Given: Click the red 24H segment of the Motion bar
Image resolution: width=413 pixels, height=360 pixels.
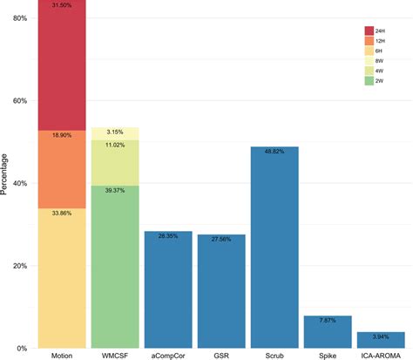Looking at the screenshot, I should [62, 65].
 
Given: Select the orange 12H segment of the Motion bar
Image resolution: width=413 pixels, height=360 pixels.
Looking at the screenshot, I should [62, 169].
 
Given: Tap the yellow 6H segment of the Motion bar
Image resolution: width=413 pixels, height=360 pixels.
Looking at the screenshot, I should [62, 279].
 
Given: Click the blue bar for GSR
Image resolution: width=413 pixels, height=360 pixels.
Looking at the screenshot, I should [221, 291].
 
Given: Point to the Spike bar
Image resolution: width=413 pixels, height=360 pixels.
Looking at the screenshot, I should [328, 332].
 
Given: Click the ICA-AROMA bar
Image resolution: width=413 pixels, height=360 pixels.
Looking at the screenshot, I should [381, 340].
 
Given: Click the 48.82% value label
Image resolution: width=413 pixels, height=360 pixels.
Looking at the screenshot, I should [274, 152].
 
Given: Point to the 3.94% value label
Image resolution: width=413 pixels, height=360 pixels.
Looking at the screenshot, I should [381, 336].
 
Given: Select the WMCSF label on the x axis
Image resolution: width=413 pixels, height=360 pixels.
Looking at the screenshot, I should [115, 356].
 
